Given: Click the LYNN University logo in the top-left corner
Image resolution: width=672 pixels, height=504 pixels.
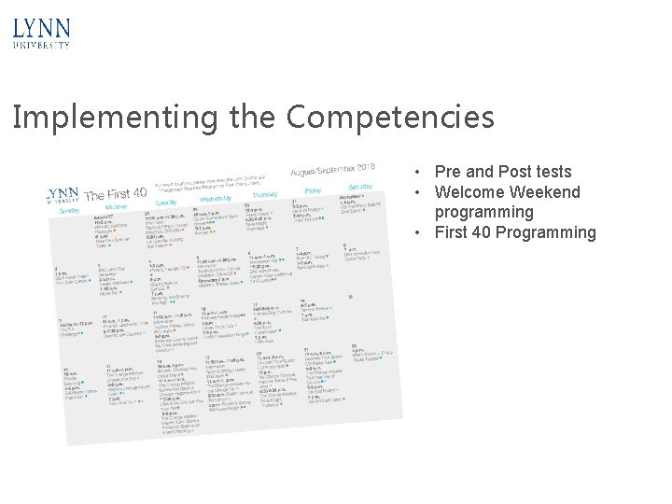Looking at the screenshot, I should click(42, 32).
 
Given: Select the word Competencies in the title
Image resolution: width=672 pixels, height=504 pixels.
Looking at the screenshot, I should click(390, 118).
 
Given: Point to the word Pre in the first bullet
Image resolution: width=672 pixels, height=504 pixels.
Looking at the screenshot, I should click(448, 172).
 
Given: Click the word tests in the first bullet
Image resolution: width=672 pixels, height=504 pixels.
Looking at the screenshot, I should click(552, 172).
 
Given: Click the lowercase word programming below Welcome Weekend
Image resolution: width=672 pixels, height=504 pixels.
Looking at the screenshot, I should click(484, 212).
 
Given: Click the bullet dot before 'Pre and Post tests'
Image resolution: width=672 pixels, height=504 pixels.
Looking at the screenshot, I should click(423, 173).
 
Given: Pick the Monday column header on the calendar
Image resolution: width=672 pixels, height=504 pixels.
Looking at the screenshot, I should click(116, 207).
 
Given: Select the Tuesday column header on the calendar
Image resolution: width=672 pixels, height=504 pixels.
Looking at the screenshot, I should click(166, 203).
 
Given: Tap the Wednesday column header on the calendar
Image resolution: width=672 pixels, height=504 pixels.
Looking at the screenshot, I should click(216, 198).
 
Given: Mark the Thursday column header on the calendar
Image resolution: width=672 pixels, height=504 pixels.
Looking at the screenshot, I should click(264, 193).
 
